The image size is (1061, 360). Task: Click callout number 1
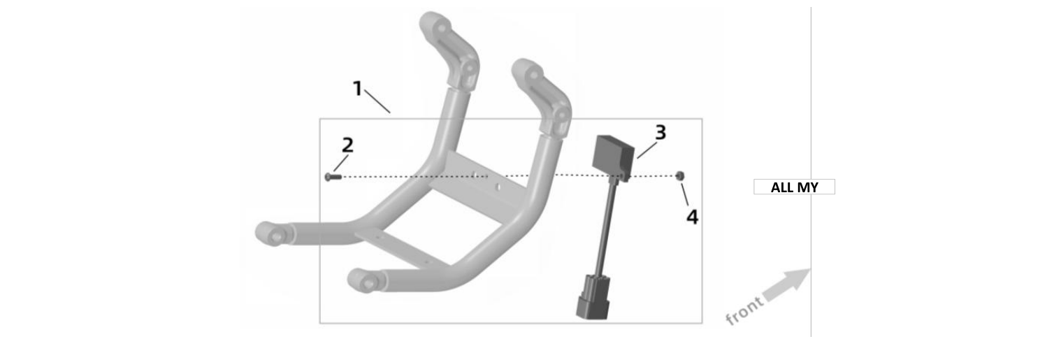pos(358,89)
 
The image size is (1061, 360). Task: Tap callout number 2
pos(347,145)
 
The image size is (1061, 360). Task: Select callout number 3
pos(661,133)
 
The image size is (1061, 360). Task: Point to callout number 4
pos(693,217)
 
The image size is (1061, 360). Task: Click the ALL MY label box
pos(794,187)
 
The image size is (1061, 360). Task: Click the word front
pos(744,311)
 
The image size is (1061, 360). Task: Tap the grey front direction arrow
pos(786,285)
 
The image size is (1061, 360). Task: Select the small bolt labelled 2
pos(333,177)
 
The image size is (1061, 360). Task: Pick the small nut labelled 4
pos(679,175)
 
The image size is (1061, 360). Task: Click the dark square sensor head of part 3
pos(614,153)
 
